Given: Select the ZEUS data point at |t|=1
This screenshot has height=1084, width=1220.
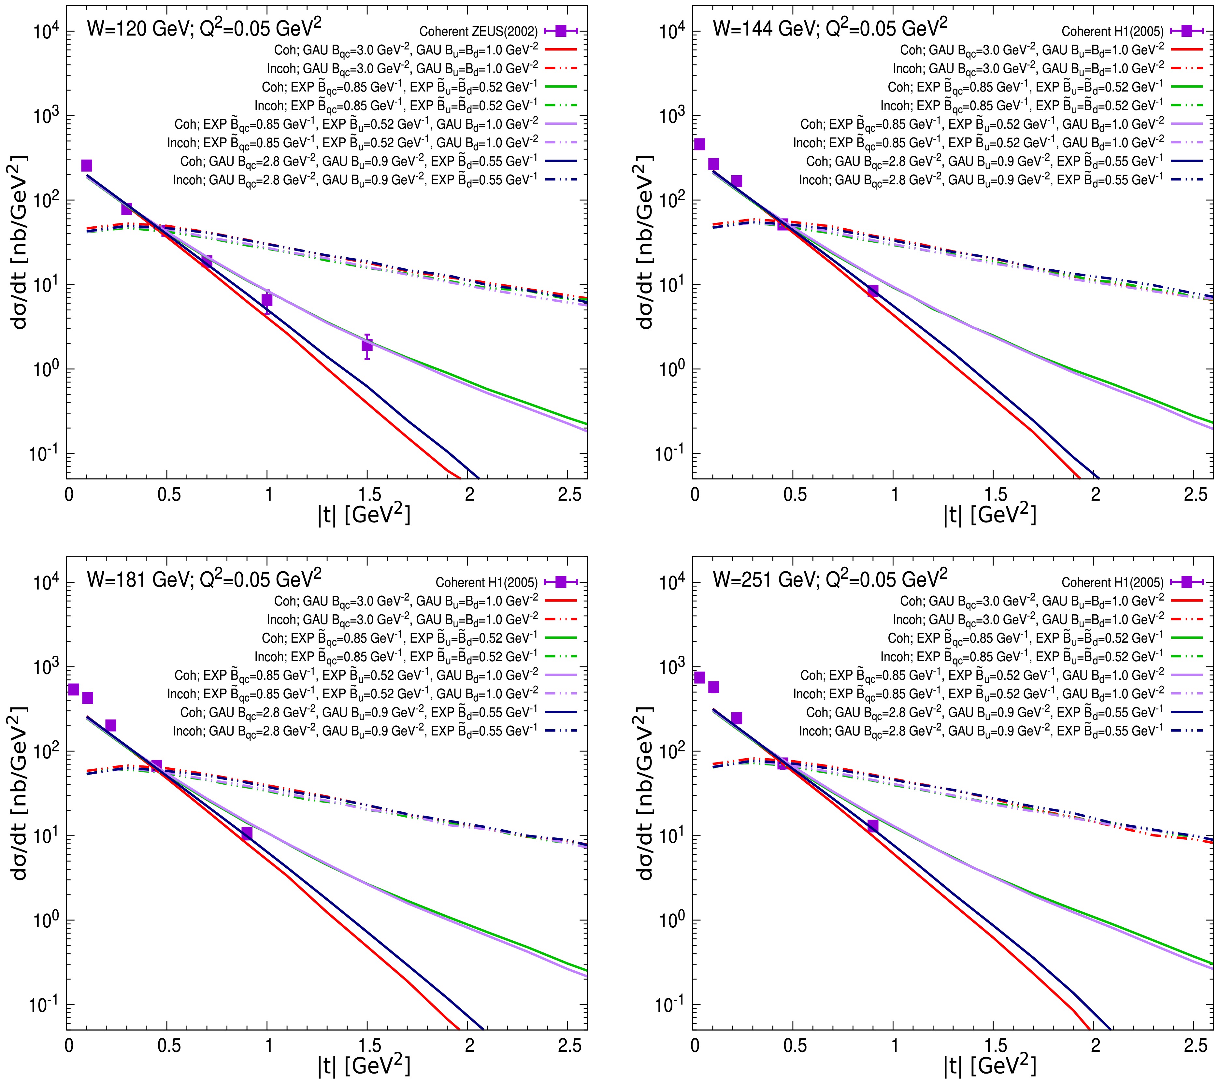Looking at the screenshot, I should [x=267, y=300].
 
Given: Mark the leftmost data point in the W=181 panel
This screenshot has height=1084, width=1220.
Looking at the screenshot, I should [x=73, y=690].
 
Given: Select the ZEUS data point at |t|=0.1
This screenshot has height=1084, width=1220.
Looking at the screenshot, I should [x=87, y=165].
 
